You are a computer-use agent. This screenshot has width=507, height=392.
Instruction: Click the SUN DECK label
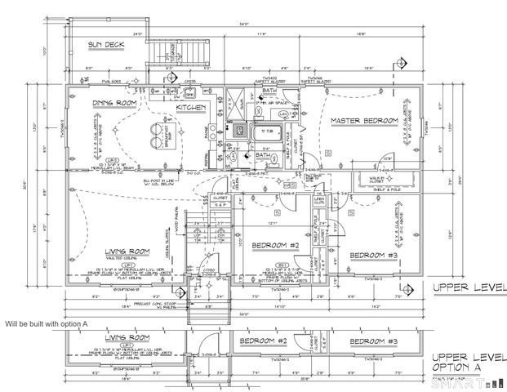click(x=107, y=44)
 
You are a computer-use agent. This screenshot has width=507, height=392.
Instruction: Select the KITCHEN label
click(x=191, y=107)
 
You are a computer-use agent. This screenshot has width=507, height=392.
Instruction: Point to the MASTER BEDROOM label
click(x=364, y=121)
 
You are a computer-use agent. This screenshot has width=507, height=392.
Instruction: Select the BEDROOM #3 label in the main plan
click(x=373, y=256)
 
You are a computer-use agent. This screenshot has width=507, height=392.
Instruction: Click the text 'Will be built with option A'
click(x=46, y=324)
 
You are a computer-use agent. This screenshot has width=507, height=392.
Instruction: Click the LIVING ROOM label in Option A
click(x=131, y=336)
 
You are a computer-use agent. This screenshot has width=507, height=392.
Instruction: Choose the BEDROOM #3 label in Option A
click(x=374, y=341)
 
